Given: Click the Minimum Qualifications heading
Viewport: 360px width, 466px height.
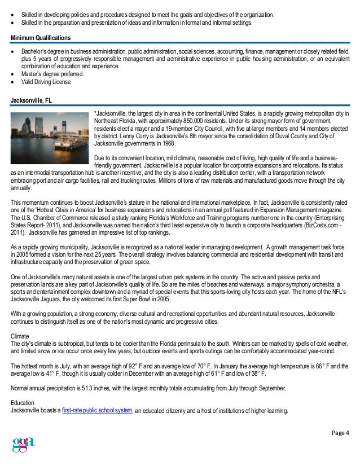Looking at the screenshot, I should [41, 37].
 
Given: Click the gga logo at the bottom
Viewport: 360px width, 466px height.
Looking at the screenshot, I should [23, 445].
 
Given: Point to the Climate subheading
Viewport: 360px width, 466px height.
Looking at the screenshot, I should [21, 336].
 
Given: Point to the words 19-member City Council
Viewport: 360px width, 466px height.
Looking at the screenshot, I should [178, 129].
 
